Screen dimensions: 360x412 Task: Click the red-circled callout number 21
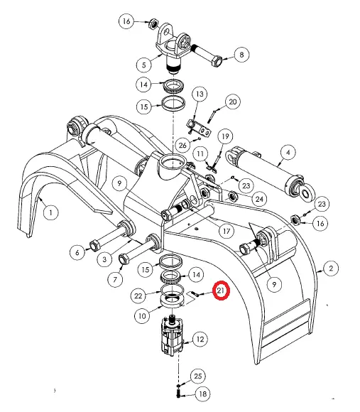click(221, 291)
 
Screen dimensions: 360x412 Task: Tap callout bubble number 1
click(50, 212)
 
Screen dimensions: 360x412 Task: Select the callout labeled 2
click(331, 269)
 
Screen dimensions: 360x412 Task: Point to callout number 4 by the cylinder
click(288, 153)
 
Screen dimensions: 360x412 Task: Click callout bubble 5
click(144, 65)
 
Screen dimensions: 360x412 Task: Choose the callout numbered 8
click(241, 55)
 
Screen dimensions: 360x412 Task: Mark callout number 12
click(200, 339)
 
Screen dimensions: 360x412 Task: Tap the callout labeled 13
click(200, 94)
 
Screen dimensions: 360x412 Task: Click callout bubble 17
click(226, 232)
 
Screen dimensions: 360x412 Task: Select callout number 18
click(203, 394)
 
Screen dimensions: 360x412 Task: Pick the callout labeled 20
click(233, 102)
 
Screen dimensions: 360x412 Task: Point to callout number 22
click(138, 296)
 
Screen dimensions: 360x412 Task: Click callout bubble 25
click(197, 376)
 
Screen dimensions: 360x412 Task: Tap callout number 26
click(182, 145)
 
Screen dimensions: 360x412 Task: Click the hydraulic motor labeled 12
click(172, 337)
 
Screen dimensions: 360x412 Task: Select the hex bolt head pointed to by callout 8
click(217, 62)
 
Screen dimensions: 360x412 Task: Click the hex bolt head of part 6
click(94, 246)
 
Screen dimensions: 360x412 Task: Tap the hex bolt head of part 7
click(124, 259)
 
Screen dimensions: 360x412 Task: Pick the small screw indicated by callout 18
click(178, 394)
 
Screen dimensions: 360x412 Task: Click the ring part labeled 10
click(172, 301)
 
